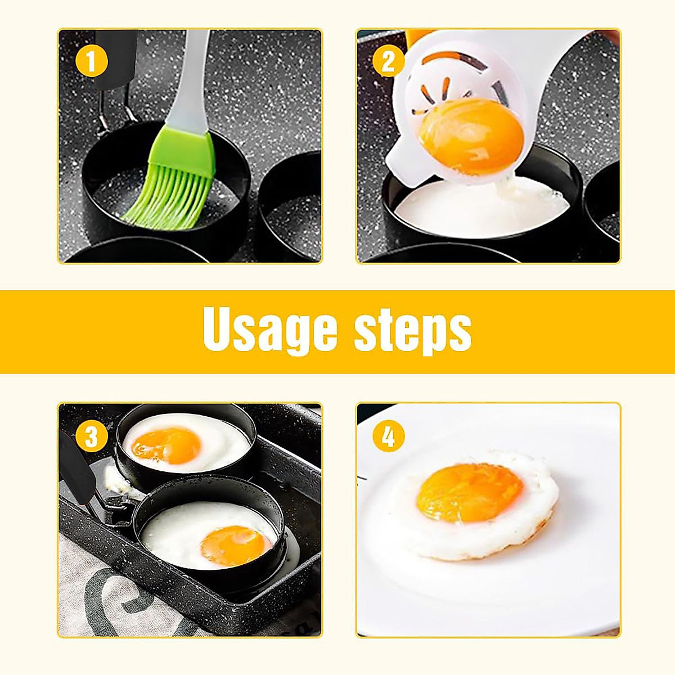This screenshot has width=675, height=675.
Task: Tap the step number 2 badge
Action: click(x=389, y=61)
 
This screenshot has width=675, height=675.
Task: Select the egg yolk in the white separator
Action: click(x=470, y=135)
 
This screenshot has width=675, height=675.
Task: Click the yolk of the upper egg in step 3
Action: click(x=166, y=444)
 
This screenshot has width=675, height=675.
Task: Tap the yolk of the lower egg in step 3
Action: click(x=235, y=545)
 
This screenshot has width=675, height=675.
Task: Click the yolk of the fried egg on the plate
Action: click(x=470, y=492)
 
